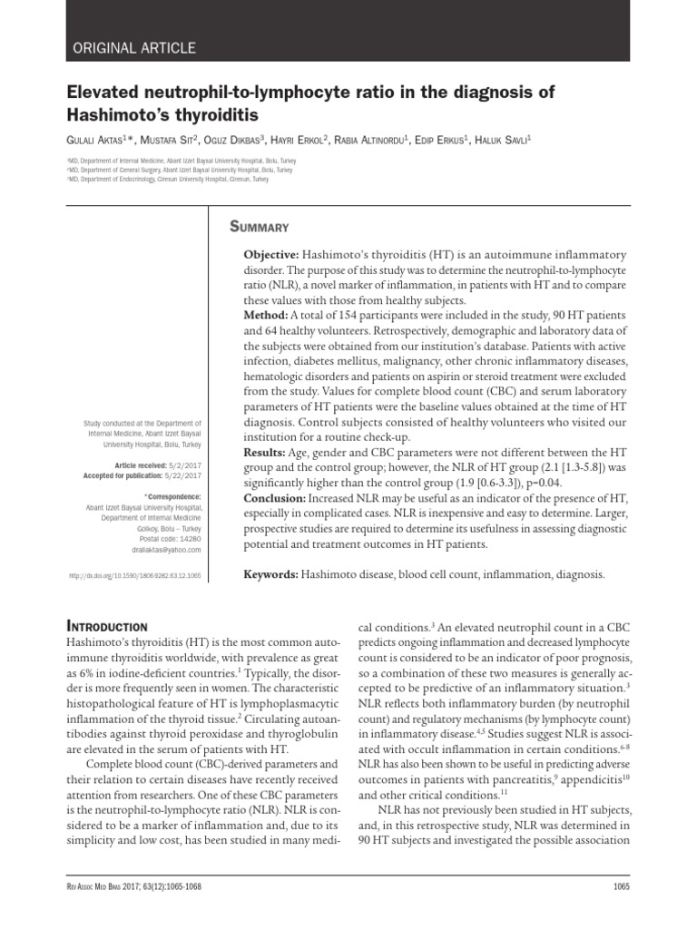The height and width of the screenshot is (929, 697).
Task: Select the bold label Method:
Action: click(x=265, y=314)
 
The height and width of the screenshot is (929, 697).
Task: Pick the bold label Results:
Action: click(x=264, y=452)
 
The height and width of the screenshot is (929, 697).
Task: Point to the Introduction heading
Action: click(x=108, y=626)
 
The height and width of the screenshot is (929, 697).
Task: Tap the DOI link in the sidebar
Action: click(x=135, y=576)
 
